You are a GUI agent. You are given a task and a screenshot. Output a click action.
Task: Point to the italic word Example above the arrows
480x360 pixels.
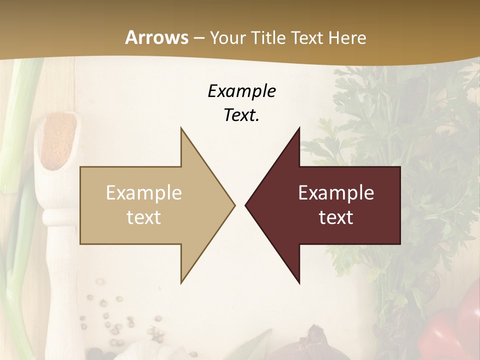click(241, 91)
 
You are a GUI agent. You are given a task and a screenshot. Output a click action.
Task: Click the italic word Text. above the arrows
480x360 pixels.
click(241, 115)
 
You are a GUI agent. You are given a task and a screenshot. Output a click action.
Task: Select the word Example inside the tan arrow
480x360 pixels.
click(144, 193)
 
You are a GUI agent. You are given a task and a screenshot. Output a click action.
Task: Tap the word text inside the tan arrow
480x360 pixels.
click(144, 217)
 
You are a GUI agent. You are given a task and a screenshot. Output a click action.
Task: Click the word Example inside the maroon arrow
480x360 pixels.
click(336, 193)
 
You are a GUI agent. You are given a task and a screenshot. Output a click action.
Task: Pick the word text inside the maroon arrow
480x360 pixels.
click(336, 217)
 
